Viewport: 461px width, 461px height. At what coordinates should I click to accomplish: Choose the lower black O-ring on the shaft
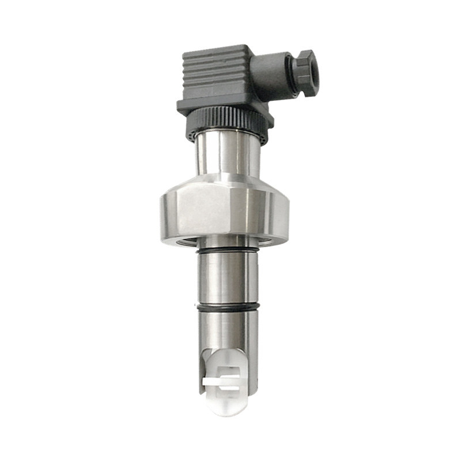pyautogui.click(x=228, y=308)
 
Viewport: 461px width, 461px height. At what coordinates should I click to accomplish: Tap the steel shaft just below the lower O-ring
pyautogui.click(x=228, y=326)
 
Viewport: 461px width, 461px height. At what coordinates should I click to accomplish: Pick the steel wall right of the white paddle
pyautogui.click(x=252, y=369)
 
